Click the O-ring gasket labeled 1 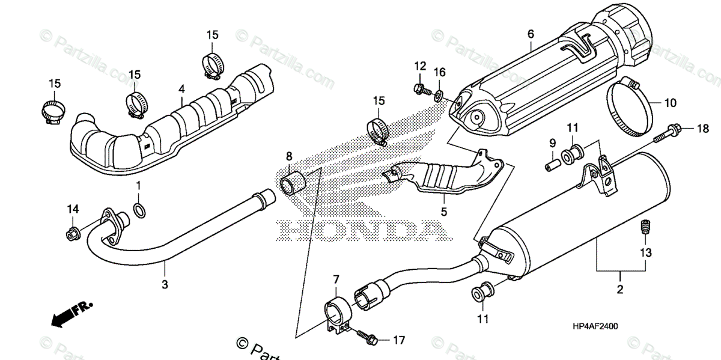point(138,210)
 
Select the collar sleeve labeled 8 point(293,182)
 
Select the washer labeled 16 point(440,94)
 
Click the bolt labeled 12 point(420,89)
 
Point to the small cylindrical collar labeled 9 point(550,162)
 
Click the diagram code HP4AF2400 point(595,326)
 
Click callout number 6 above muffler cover point(531,35)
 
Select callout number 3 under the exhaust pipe point(165,284)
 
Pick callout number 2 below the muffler point(619,290)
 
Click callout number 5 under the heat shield point(444,212)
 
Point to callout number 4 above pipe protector point(181,89)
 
